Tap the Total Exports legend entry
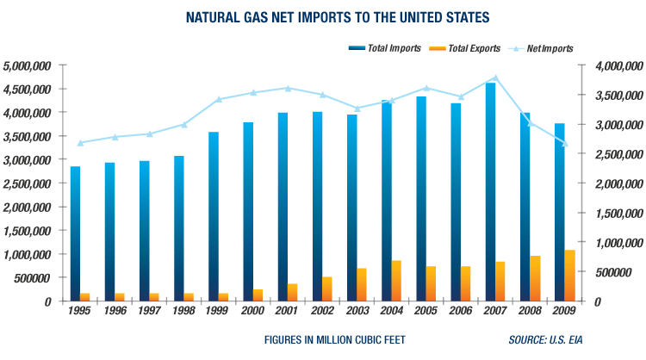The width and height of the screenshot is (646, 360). tap(463, 47)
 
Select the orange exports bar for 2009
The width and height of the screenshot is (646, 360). tap(569, 275)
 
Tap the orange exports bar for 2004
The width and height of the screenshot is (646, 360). tap(396, 280)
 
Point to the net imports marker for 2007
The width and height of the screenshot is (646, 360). tap(543, 78)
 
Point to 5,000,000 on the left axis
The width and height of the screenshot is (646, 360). tap(28, 65)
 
